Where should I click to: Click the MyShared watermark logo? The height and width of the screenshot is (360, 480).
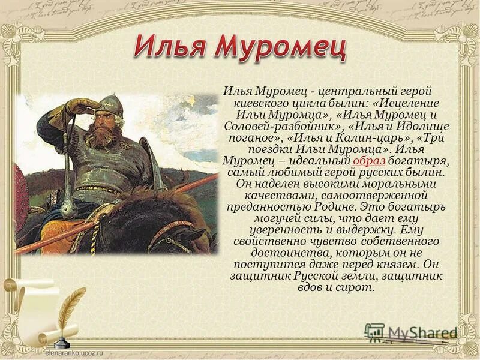(x=410, y=332)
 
